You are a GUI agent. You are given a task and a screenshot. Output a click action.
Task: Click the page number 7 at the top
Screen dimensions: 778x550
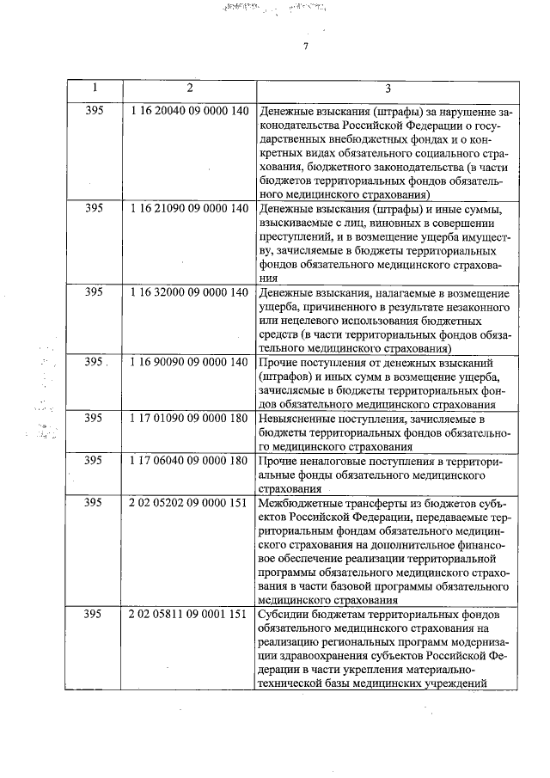pyautogui.click(x=304, y=46)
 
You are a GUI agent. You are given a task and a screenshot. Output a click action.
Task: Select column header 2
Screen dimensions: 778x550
pyautogui.click(x=189, y=89)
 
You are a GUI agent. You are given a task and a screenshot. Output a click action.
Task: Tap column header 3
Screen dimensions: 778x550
pyautogui.click(x=388, y=89)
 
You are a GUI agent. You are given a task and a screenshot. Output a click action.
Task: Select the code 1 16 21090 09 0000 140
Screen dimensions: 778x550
pyautogui.click(x=190, y=209)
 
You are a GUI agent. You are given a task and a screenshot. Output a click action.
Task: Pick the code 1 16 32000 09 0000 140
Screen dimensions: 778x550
pyautogui.click(x=190, y=294)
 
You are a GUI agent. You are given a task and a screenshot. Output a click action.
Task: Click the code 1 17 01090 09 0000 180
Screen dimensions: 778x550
pyautogui.click(x=190, y=419)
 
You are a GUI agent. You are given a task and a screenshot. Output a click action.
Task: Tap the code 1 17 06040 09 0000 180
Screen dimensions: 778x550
pyautogui.click(x=190, y=461)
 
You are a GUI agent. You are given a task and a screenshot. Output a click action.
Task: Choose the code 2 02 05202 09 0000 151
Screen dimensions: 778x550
pyautogui.click(x=190, y=503)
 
